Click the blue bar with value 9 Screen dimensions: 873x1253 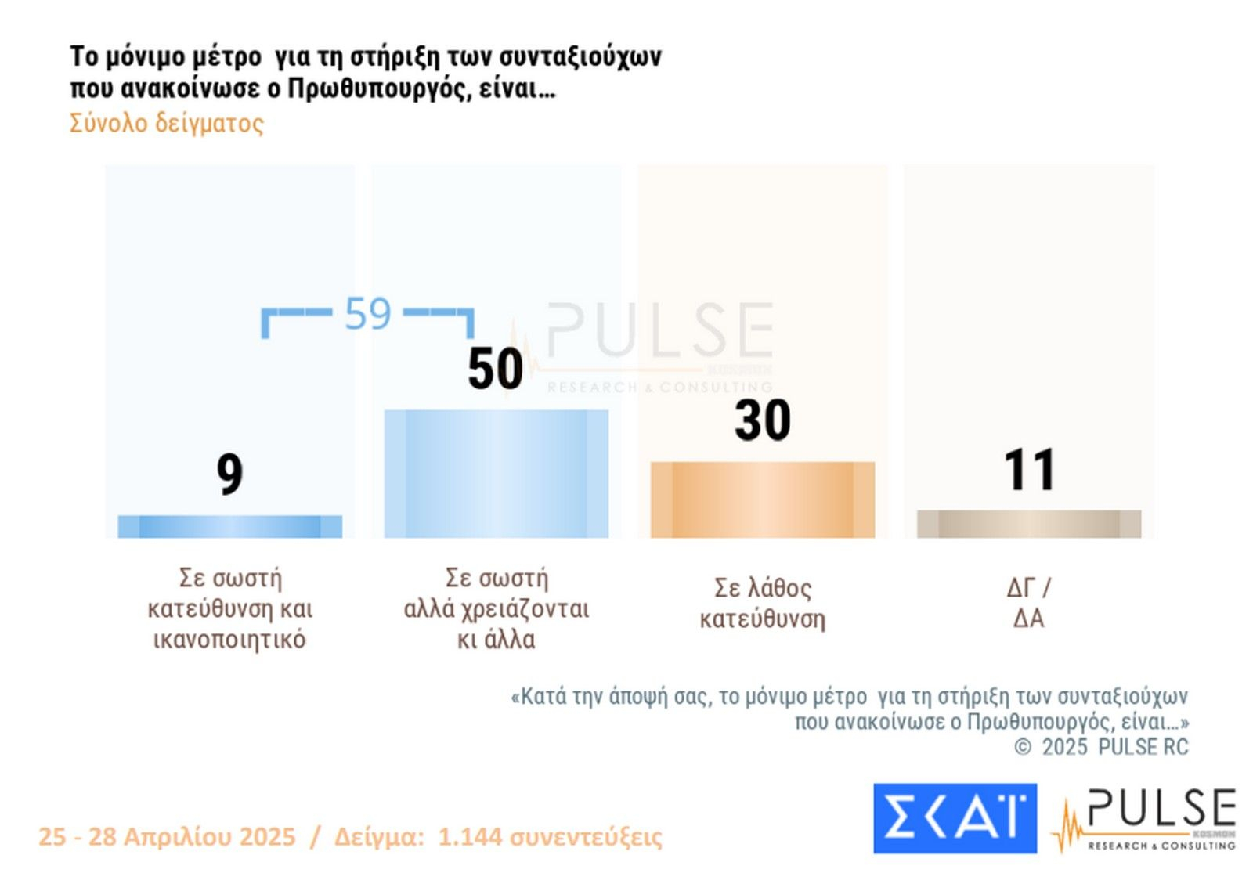(229, 526)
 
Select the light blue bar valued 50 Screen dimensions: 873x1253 (496, 474)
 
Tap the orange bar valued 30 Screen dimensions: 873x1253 (762, 500)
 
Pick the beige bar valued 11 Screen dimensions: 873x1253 (1028, 524)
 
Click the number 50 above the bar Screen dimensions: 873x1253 (495, 369)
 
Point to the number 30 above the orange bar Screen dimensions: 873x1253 (762, 420)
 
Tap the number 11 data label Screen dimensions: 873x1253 (1028, 470)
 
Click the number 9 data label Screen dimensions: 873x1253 (229, 474)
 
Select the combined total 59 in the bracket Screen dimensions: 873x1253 (367, 314)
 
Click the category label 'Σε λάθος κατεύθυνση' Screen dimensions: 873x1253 (762, 603)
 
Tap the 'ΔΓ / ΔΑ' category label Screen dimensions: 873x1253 (1028, 602)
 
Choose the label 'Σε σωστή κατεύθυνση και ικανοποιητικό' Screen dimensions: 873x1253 (229, 608)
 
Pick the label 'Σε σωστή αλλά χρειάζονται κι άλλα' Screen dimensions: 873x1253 (496, 608)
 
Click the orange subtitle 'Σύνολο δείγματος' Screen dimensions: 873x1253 (166, 123)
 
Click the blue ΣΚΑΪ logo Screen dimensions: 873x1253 (955, 818)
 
